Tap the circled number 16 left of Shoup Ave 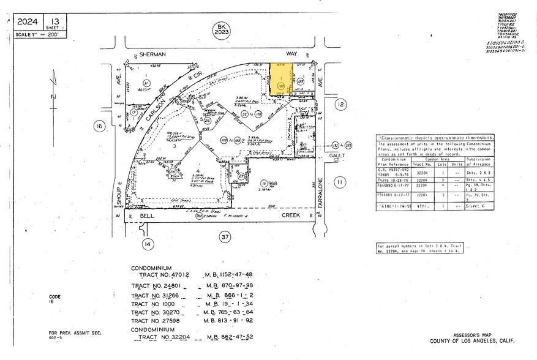click(99, 126)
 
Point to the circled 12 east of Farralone click(340, 105)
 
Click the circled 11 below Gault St click(341, 181)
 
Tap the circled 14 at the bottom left click(148, 244)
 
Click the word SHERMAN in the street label click(152, 54)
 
